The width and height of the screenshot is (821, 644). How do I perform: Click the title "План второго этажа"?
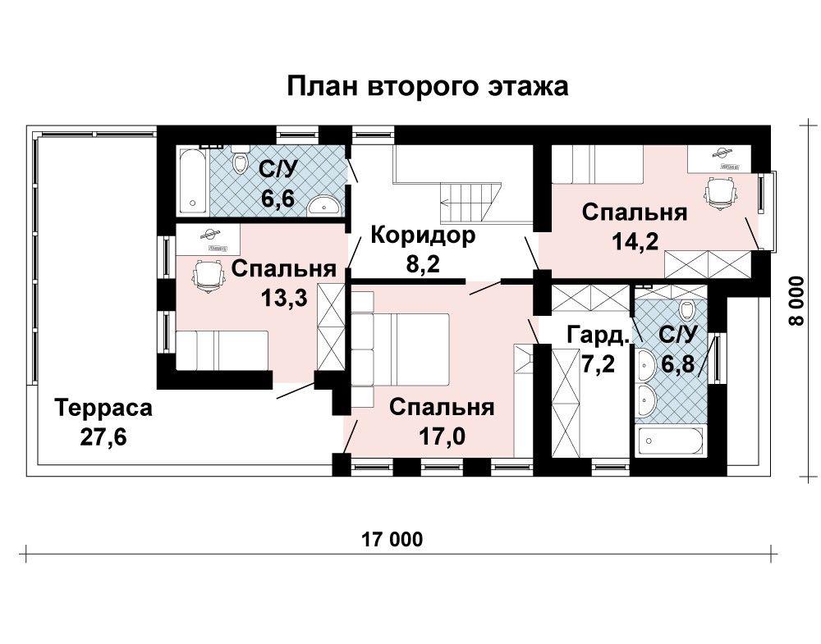pos(427,87)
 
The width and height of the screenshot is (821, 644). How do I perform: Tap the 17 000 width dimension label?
pos(392,539)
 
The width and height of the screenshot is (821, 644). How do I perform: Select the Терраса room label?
pos(103,408)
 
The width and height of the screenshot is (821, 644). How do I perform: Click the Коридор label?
pos(423,235)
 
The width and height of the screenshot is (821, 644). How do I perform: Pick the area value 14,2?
pos(635,242)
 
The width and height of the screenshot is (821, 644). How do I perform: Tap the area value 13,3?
pos(284,298)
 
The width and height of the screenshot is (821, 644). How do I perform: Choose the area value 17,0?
pos(442,436)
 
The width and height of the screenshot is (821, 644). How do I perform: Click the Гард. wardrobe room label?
pos(598,336)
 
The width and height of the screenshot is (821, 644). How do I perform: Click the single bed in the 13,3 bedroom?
pos(222,350)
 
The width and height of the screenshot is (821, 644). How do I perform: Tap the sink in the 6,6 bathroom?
pos(324,206)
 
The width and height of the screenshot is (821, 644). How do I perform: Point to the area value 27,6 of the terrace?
pos(103,436)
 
